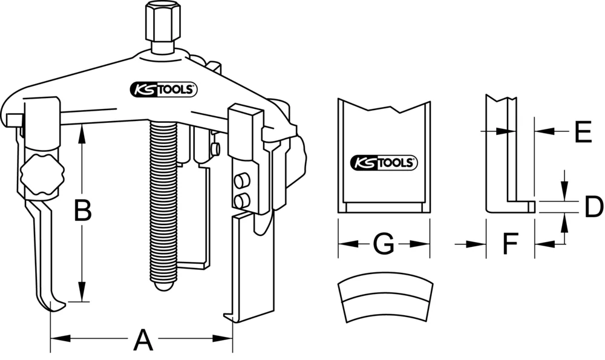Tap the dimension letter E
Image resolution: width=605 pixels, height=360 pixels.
[583, 131]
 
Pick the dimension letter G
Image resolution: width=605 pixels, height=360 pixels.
[382, 245]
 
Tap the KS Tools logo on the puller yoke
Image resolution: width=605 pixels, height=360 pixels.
[163, 90]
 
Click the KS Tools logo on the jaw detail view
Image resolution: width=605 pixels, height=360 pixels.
[383, 162]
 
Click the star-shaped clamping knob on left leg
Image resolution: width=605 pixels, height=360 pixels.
[41, 175]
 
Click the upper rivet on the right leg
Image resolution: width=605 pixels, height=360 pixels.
[241, 180]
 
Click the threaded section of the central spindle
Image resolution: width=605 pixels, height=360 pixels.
[162, 200]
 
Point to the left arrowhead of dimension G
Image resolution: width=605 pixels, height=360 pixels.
[344, 244]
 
